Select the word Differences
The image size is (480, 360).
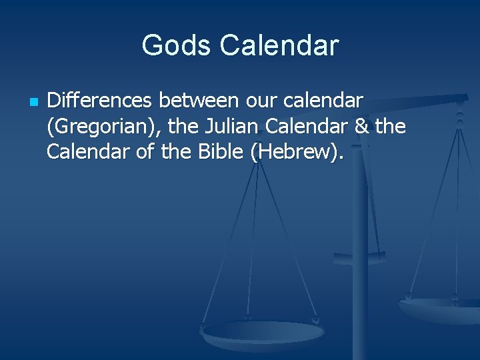tap(101, 101)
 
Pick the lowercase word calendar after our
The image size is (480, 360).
tap(323, 101)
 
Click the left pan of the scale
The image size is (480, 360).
tap(263, 331)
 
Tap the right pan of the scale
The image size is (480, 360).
tap(440, 309)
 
